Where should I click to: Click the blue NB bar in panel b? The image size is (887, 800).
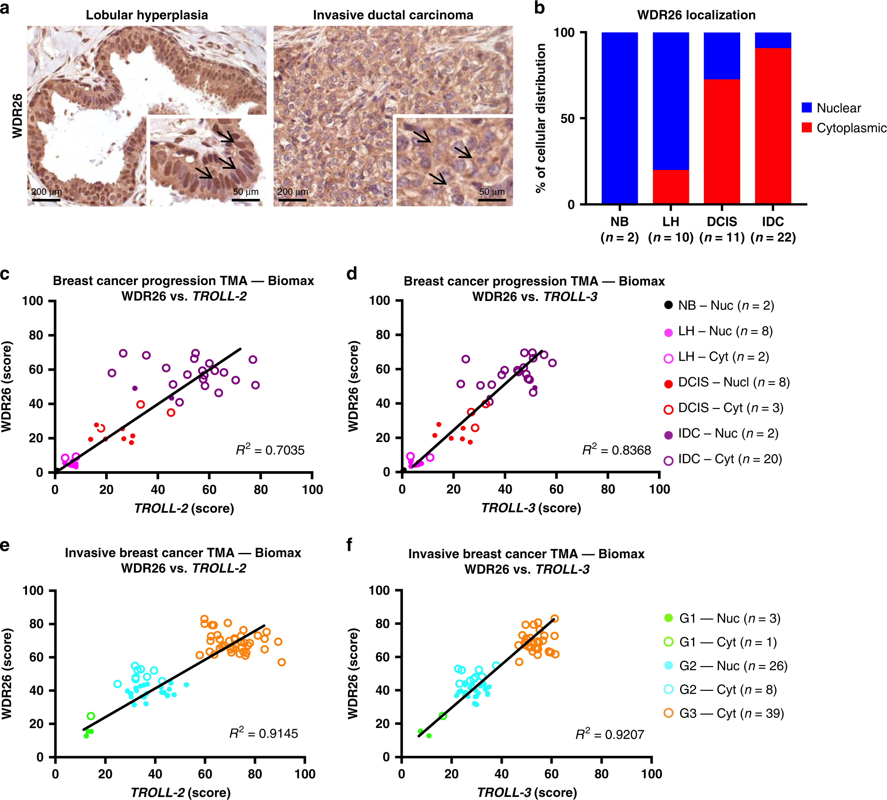(x=619, y=118)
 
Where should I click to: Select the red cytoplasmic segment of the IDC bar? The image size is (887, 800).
(x=772, y=126)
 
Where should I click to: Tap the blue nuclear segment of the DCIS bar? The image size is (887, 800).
(x=722, y=56)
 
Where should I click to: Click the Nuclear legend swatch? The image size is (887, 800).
(x=807, y=107)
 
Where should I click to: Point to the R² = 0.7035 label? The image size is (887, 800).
(x=270, y=450)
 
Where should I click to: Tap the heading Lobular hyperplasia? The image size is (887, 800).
(x=147, y=15)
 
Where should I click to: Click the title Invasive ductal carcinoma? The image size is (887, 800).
(x=393, y=15)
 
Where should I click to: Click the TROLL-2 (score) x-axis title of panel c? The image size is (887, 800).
(x=184, y=508)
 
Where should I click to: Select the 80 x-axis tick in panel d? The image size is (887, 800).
(x=608, y=489)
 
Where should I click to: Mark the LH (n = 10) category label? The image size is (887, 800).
(x=670, y=229)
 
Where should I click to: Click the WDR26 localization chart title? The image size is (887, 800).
(x=696, y=15)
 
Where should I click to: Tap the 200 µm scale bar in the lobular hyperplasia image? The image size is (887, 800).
(x=46, y=199)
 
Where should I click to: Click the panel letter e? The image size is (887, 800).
(x=5, y=545)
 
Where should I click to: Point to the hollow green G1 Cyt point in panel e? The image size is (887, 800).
(x=91, y=716)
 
